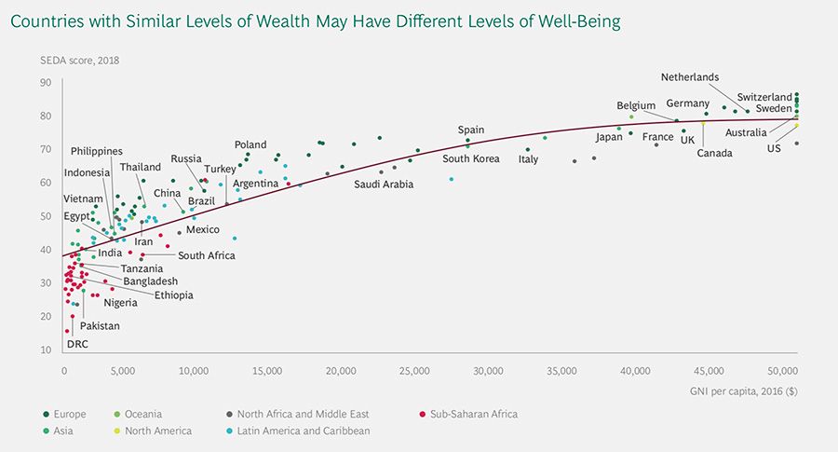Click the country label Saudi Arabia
point(384,184)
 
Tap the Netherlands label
point(690,77)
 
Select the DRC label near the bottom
point(76,344)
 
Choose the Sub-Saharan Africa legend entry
point(474,414)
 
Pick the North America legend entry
point(158,431)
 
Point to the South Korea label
point(471,158)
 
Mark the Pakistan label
point(100,325)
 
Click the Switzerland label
point(764,97)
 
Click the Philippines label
point(96,151)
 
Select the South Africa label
point(207,254)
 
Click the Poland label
point(250,144)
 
